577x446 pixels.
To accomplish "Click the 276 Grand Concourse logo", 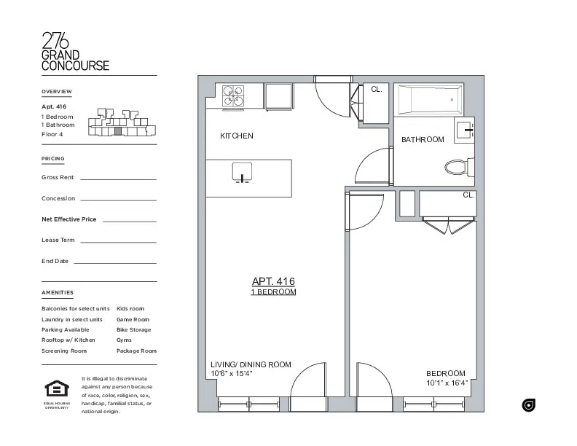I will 76,52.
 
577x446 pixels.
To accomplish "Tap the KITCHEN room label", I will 237,136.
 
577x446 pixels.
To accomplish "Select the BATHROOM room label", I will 423,140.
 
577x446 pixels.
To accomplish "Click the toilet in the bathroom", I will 457,168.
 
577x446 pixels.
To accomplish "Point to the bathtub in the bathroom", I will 430,98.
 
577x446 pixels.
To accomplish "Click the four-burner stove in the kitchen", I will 233,97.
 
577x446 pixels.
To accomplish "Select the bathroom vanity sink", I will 464,130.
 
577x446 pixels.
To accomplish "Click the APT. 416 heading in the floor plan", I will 273,281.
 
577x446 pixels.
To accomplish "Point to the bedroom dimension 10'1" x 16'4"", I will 447,383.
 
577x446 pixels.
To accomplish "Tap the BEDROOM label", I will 446,373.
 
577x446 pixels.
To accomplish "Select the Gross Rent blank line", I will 118,179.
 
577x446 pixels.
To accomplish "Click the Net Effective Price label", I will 69,219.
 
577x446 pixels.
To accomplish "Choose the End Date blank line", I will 114,262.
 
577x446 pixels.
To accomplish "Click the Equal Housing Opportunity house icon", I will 56,389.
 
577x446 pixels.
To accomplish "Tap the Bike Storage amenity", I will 134,330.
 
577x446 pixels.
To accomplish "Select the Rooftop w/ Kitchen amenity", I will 68,340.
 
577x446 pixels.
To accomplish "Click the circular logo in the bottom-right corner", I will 529,405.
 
